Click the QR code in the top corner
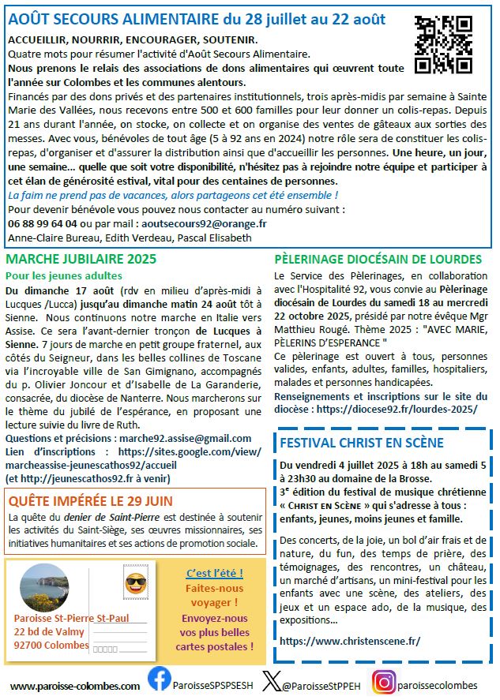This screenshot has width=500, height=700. point(443,44)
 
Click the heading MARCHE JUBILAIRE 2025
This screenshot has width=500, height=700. point(81,259)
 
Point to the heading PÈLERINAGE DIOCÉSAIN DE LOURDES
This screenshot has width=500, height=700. point(378,259)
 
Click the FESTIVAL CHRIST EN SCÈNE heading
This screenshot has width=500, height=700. point(362,443)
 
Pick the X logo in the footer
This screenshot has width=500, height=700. point(272,682)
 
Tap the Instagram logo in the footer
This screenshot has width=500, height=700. point(385,682)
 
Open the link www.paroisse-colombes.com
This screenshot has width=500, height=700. point(75,686)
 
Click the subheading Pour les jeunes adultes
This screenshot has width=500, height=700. point(64,275)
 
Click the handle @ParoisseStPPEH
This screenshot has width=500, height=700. point(321,685)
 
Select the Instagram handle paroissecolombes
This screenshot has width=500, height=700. point(439,685)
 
